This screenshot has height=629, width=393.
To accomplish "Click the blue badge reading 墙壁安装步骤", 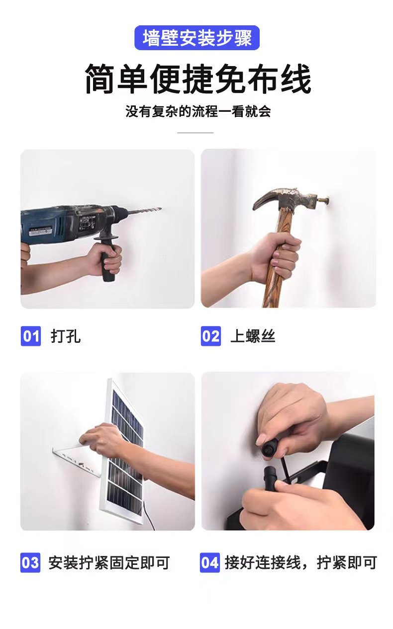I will [197, 38].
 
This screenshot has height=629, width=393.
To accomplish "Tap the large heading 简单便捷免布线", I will [197, 79].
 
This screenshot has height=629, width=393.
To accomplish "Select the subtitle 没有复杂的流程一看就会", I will [197, 111].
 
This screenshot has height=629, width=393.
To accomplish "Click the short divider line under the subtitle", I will [195, 133].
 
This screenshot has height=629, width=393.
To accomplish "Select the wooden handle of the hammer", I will [273, 278].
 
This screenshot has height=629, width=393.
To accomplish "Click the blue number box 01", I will [30, 336].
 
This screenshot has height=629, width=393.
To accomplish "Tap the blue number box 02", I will [210, 336].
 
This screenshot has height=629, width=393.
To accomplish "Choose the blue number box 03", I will [30, 563].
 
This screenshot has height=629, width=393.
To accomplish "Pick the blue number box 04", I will [210, 563].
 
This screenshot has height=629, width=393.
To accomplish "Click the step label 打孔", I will [66, 336].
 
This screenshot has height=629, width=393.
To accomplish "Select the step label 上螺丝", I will [253, 336].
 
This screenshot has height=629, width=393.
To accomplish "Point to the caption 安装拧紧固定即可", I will [109, 563].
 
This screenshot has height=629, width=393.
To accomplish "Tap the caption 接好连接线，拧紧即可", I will [300, 563].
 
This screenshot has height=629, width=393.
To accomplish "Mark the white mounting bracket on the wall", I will [75, 460].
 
